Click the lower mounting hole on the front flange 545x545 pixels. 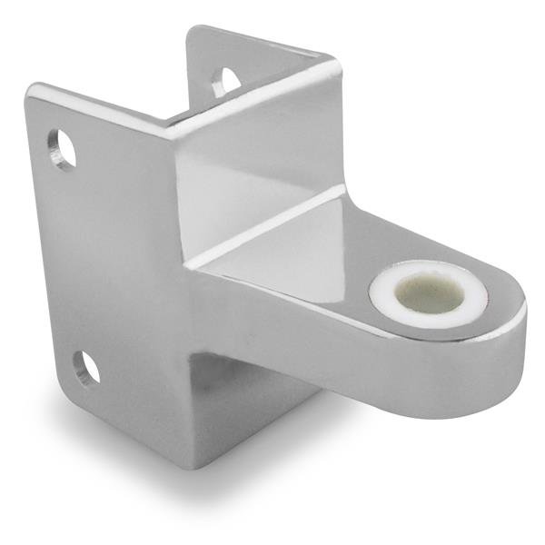[87, 367]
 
